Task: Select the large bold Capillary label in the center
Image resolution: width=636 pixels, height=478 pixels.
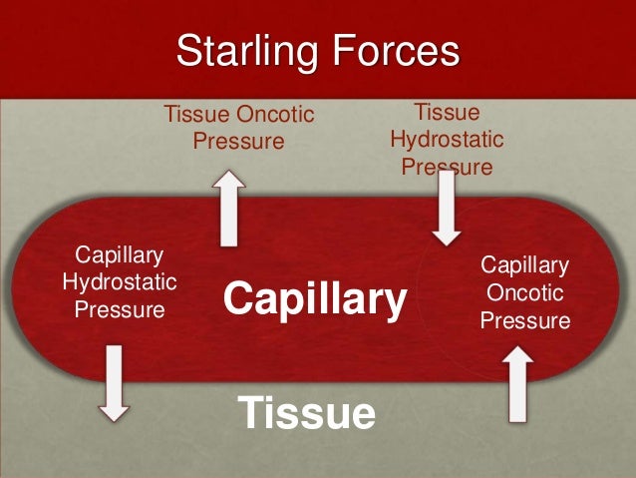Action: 315,298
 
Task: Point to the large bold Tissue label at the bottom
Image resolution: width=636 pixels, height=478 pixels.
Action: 307,412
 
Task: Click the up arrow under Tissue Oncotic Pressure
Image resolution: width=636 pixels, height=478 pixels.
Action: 230,209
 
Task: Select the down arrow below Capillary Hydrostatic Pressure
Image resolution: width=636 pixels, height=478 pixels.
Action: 115,382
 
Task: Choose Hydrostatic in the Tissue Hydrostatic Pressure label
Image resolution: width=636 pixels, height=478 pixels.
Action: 447,139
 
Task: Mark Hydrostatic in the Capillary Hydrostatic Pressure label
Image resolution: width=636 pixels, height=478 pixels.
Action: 119,282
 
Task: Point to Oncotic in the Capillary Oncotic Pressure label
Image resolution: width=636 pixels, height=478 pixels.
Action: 524,293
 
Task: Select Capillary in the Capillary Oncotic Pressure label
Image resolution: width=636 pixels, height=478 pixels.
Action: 524,265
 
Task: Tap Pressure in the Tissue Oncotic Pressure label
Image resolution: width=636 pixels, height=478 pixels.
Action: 238,142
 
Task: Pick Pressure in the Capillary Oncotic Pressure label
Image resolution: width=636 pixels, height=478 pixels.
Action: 524,321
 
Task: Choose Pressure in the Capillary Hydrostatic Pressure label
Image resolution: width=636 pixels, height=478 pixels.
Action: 119,309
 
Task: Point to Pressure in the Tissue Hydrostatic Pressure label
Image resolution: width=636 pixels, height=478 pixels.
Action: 447,166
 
